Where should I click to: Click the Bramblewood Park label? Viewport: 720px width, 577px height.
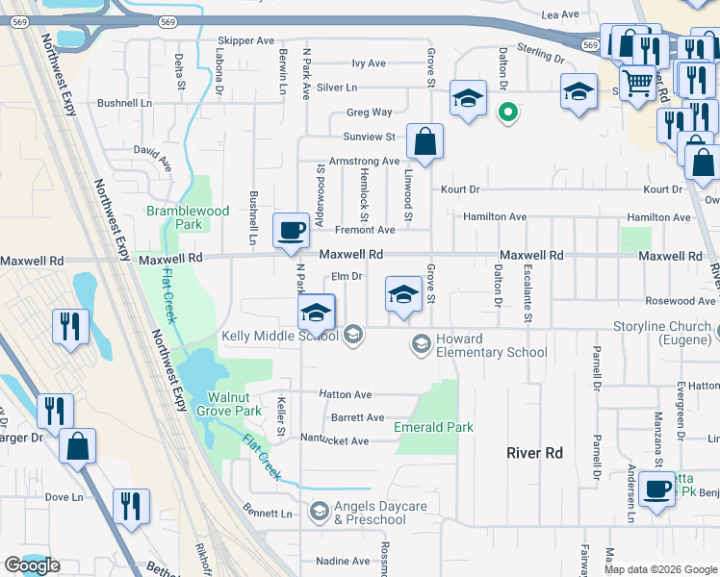[187, 217]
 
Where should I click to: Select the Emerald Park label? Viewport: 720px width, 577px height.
[433, 427]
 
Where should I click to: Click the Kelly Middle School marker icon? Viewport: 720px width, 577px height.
[353, 335]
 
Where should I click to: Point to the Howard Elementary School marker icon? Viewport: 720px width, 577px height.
[421, 343]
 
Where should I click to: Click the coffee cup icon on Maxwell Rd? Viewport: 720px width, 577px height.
[291, 231]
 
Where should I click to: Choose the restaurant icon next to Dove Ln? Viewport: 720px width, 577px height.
[131, 504]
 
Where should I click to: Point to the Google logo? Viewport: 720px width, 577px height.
[32, 565]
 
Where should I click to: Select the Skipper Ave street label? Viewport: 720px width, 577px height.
[245, 40]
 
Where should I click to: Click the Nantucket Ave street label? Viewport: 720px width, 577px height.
[336, 441]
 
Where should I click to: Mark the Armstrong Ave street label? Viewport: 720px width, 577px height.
[364, 162]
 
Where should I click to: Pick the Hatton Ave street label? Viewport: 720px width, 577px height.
[346, 395]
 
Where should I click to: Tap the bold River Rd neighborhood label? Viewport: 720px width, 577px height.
[535, 452]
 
